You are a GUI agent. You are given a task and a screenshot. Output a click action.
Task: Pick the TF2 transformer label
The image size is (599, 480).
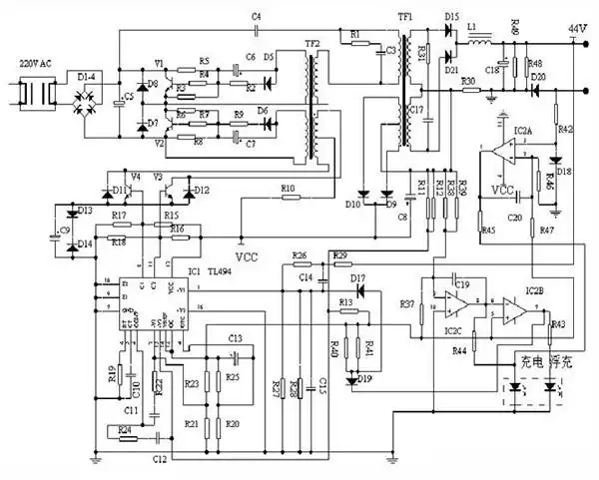(x=312, y=45)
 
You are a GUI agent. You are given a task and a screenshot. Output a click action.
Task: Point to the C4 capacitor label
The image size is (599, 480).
(x=257, y=17)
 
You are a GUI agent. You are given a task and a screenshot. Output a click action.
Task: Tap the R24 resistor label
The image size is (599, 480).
(x=125, y=429)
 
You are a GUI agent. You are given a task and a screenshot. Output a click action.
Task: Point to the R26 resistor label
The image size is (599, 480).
(x=300, y=255)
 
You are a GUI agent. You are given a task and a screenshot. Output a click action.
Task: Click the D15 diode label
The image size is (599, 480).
(x=451, y=17)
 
